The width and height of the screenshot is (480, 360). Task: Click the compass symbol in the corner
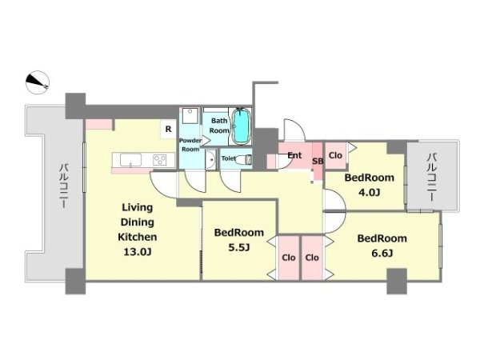[38, 82]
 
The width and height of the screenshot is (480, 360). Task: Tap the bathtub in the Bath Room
[242, 126]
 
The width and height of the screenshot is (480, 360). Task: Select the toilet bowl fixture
[246, 159]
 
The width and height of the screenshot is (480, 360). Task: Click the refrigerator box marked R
[168, 129]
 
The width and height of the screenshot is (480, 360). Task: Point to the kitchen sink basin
[130, 160]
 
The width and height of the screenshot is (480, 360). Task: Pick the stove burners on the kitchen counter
[159, 160]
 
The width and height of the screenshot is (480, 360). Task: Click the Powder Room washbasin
[210, 159]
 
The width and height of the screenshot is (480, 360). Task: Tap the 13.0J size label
[138, 252]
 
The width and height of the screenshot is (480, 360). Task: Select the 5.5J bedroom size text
[239, 247]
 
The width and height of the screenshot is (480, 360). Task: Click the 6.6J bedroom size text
[382, 253]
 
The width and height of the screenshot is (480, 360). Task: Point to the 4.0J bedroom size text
[369, 193]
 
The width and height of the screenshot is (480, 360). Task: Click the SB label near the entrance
[318, 161]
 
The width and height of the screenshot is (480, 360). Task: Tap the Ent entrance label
[294, 155]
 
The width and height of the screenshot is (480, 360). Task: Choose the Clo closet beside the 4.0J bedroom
[335, 155]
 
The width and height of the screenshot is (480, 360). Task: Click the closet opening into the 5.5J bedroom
[288, 258]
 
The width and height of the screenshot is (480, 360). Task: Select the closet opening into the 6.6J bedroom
[312, 258]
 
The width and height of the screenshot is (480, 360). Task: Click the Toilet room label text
[229, 158]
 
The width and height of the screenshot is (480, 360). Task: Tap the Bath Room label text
[219, 126]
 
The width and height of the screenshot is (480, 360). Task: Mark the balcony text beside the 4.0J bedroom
[432, 178]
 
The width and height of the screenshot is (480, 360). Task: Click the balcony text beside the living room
[64, 186]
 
